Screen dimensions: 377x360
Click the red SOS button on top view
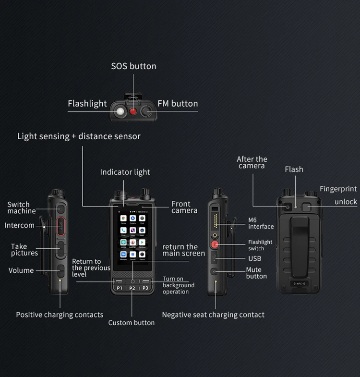133,112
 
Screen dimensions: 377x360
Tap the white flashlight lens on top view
119,112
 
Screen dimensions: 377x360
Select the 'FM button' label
178,103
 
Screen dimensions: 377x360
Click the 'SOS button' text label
133,66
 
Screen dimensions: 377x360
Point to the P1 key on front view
120,288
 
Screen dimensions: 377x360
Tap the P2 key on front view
132,288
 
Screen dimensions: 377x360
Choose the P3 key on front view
145,288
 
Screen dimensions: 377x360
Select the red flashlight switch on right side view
215,244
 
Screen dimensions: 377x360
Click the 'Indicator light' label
125,172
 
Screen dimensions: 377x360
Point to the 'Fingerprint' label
338,189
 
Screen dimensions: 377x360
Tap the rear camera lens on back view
287,207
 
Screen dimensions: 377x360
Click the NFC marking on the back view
299,283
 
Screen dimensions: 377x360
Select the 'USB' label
255,259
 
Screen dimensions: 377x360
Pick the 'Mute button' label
256,273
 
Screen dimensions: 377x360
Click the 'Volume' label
21,270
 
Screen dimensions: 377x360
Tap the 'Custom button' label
132,323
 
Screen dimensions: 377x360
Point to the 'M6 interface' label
261,223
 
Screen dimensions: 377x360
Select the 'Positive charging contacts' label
60,315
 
